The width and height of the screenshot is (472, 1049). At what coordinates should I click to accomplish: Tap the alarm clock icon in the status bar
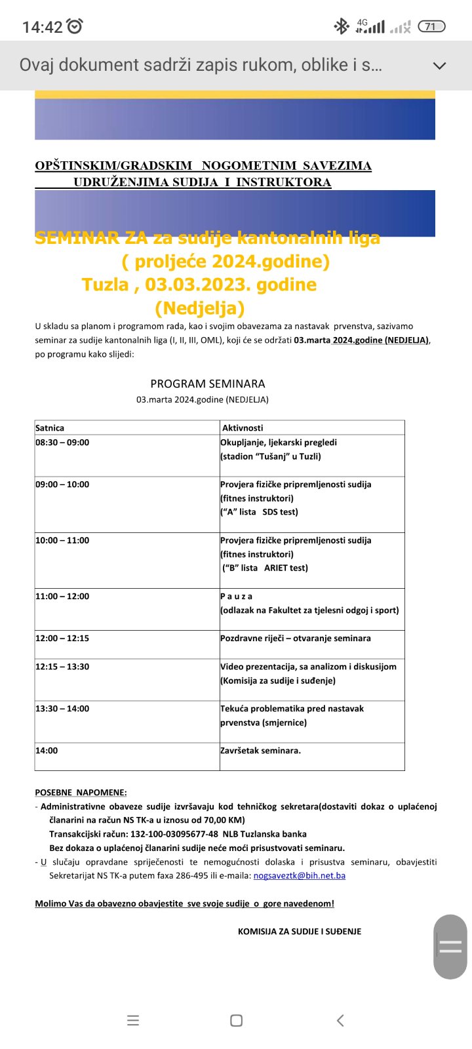pyautogui.click(x=75, y=26)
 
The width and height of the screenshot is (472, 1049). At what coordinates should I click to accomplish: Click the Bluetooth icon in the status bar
pyautogui.click(x=342, y=26)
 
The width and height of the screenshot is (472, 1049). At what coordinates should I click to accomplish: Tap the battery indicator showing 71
pyautogui.click(x=431, y=26)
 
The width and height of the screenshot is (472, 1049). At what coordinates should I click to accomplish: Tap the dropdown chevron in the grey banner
pyautogui.click(x=440, y=66)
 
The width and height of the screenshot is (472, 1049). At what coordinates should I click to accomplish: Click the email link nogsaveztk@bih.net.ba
pyautogui.click(x=300, y=875)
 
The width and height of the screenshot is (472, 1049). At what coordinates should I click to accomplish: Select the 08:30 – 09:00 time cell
pyautogui.click(x=62, y=443)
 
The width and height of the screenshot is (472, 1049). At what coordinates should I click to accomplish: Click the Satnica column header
pyautogui.click(x=50, y=427)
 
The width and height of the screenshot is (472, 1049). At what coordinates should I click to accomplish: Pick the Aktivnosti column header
pyautogui.click(x=243, y=427)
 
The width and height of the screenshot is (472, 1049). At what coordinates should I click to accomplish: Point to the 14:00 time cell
pyautogui.click(x=47, y=751)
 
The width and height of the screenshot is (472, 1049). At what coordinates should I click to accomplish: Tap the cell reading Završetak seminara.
pyautogui.click(x=260, y=751)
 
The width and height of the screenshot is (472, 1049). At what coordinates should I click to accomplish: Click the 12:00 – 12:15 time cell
pyautogui.click(x=62, y=639)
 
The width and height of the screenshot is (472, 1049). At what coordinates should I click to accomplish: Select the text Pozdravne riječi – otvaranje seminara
pyautogui.click(x=296, y=639)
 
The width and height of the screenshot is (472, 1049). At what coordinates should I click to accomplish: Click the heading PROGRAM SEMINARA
pyautogui.click(x=208, y=384)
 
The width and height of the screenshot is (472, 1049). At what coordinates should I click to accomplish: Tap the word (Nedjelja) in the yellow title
pyautogui.click(x=200, y=307)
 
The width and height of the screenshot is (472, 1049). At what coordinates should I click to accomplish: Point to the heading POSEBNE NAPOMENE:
pyautogui.click(x=81, y=793)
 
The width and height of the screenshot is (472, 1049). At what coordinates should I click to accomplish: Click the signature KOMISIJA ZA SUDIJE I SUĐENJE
pyautogui.click(x=300, y=931)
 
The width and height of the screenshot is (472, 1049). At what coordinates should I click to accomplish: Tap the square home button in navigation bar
pyautogui.click(x=237, y=1020)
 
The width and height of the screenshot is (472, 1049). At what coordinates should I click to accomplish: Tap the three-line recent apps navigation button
pyautogui.click(x=133, y=1020)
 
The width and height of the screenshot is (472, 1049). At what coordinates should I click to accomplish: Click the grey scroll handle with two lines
pyautogui.click(x=450, y=946)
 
